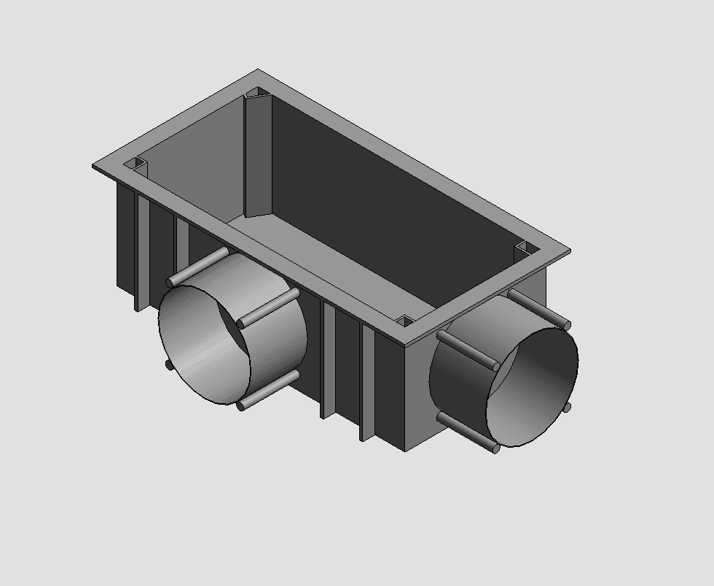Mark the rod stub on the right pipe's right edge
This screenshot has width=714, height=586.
point(568,408)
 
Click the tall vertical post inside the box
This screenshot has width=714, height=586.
point(257,157)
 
